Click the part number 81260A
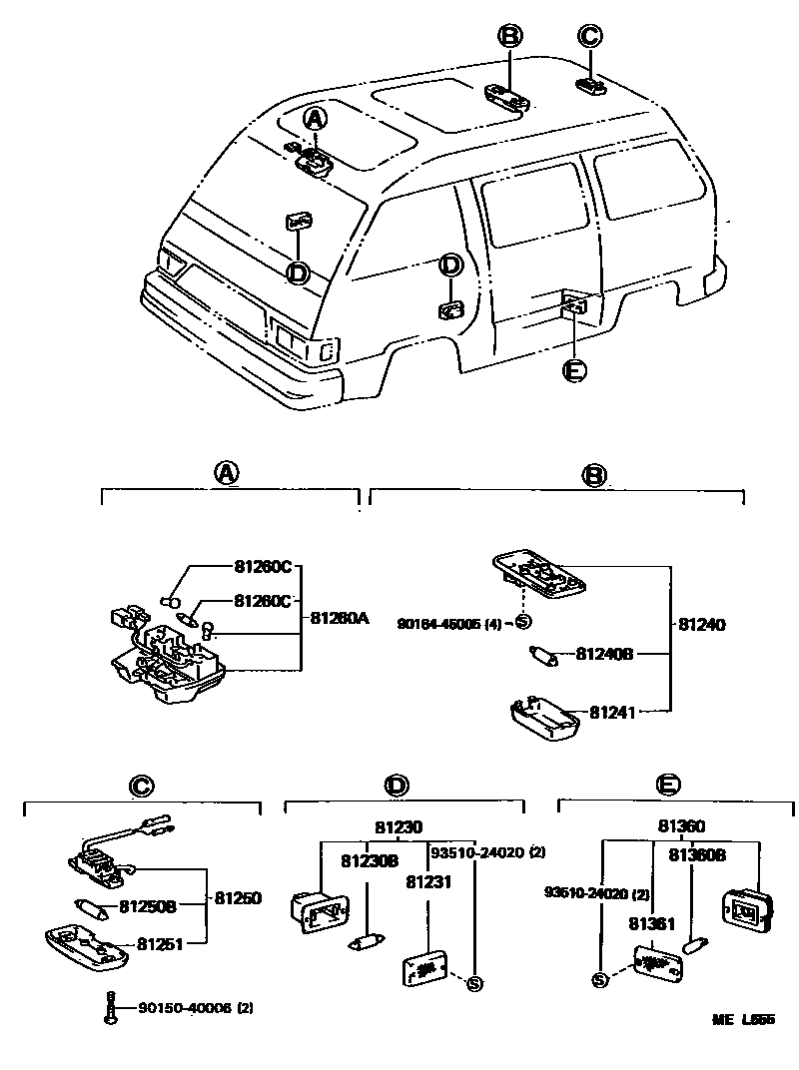coord(340,618)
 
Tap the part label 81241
coord(611,712)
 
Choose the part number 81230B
coord(370,860)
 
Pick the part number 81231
coord(426,881)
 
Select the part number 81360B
coord(697,854)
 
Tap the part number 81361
coord(650,925)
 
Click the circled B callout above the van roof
coord(510,37)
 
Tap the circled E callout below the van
coord(573,370)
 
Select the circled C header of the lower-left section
coord(141,788)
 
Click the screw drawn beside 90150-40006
coord(111,1008)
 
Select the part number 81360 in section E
coord(681,826)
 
